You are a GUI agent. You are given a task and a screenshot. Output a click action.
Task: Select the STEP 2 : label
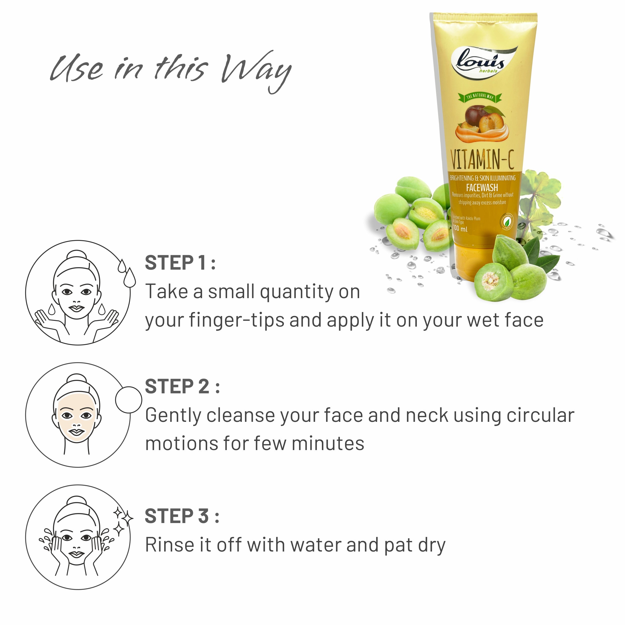coord(182,386)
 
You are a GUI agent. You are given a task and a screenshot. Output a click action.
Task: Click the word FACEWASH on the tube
coord(482,187)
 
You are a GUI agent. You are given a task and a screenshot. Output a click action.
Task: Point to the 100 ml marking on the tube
coord(460,229)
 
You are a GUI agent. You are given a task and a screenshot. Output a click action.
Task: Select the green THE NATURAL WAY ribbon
coord(480,97)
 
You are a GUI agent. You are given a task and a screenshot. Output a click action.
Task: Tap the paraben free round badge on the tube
coord(507,222)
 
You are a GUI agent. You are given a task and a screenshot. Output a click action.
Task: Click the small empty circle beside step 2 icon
coord(128,400)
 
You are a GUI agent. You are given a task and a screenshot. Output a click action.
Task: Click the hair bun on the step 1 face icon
coord(77,254)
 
